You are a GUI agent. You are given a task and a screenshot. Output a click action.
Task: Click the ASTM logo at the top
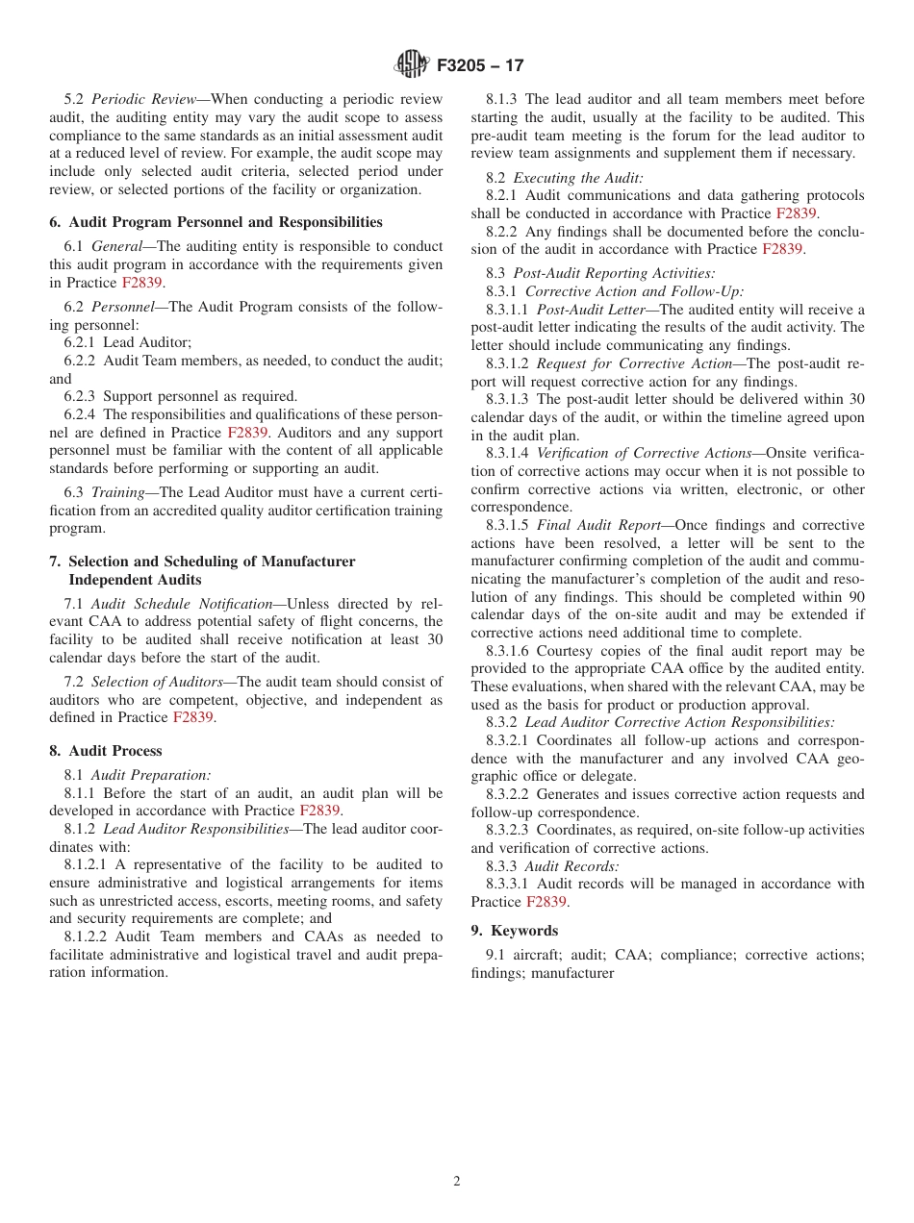pos(412,64)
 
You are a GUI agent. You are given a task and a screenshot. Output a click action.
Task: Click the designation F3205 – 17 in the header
pos(480,65)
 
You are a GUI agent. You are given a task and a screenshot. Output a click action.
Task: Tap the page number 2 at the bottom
pos(457,1182)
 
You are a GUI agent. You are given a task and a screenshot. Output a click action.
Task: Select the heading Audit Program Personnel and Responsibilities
pos(225,222)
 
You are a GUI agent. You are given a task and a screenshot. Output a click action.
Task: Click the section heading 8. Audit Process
pos(106,751)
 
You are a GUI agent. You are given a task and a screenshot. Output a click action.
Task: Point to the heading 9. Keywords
pos(515,931)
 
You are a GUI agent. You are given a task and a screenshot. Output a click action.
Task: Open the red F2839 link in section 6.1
pos(141,283)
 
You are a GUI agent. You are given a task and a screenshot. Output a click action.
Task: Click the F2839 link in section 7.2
pos(192,717)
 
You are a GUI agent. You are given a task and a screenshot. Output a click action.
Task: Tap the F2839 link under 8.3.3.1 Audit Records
pos(546,902)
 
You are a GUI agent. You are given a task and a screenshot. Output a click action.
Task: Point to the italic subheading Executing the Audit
pos(578,178)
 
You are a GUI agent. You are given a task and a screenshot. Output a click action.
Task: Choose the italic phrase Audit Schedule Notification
pos(182,604)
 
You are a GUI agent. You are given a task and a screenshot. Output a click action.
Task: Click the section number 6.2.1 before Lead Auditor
pos(81,342)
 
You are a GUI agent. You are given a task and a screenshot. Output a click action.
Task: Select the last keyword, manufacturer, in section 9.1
pos(572,973)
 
